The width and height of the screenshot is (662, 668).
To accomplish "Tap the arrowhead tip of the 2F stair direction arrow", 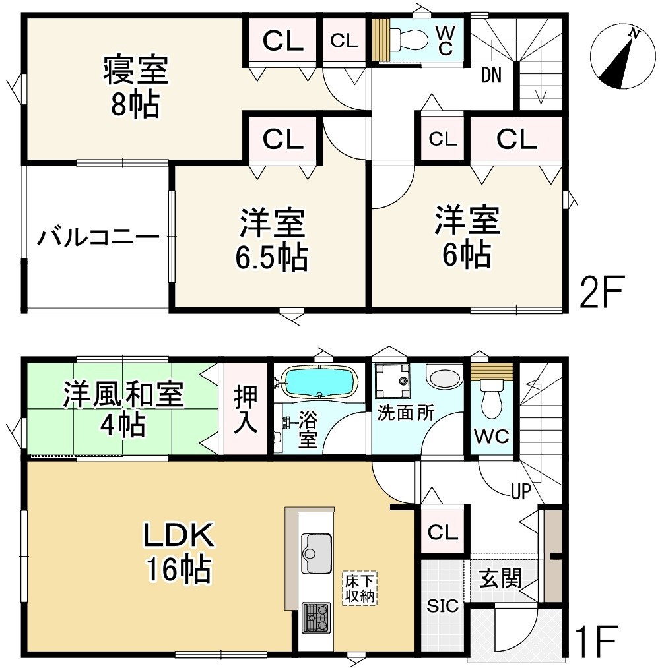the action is point(541,104).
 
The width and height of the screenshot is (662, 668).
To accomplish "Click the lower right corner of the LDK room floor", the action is point(414,651).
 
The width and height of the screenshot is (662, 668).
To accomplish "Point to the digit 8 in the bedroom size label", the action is point(119,104).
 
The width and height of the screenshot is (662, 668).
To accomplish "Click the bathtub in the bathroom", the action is point(319,382).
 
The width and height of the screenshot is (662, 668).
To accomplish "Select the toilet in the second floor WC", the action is point(409,40).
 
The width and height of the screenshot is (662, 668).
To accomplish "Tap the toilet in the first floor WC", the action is point(492,399).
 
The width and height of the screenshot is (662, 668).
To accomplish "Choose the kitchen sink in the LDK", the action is point(316,553).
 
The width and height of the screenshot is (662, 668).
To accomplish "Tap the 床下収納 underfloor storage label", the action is point(360,588).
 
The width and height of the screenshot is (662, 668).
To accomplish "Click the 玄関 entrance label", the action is point(500,578).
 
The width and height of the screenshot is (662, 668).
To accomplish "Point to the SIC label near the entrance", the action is point(443,605).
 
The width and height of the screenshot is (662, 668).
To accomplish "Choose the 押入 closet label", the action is point(246,408).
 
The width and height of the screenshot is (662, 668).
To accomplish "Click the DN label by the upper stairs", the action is point(491,75).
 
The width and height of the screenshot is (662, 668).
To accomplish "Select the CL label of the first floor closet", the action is point(442,532).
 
